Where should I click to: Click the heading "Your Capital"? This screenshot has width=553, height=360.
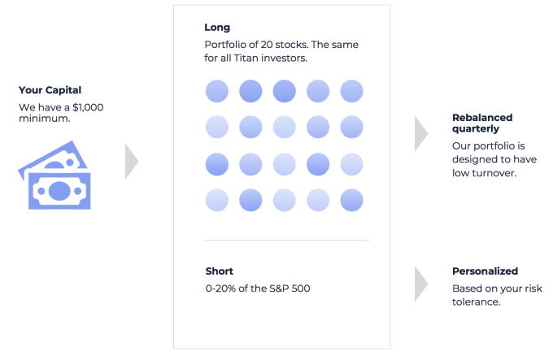tap(50, 90)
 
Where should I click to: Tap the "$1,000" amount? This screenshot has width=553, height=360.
tap(88, 107)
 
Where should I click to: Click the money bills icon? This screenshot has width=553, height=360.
tap(54, 175)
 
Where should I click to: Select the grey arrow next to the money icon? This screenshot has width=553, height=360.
tap(132, 162)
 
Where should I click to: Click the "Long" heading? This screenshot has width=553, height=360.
tap(217, 28)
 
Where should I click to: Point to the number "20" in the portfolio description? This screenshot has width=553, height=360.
tap(266, 45)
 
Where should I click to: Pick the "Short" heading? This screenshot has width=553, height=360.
tap(220, 271)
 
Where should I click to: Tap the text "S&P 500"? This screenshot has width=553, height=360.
tap(290, 288)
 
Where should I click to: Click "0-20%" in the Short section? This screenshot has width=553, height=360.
tap(220, 288)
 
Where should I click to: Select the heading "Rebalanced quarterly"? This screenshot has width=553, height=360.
tap(482, 124)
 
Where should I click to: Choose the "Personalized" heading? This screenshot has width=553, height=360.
tap(485, 271)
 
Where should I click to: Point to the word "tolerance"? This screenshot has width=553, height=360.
tap(476, 302)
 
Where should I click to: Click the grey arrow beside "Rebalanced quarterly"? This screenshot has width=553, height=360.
tap(421, 134)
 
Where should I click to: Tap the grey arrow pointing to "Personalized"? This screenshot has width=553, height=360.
tap(421, 284)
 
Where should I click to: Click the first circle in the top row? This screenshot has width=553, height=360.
tap(217, 91)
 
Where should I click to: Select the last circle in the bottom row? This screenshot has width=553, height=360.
tap(351, 200)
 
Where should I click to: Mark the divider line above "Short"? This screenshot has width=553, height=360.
tap(287, 241)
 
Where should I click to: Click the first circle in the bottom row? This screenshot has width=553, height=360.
tap(217, 200)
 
